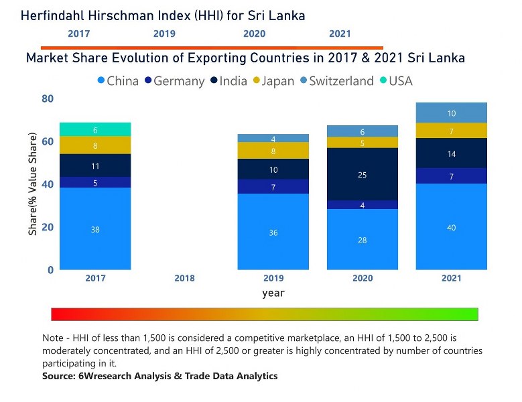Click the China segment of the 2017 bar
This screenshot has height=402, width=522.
[95, 228]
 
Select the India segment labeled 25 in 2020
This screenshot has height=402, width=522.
[363, 174]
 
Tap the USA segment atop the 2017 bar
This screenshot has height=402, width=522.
[95, 129]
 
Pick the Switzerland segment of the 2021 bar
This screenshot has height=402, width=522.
[451, 113]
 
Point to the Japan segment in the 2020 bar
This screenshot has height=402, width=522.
[363, 142]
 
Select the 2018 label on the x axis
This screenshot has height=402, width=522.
[184, 278]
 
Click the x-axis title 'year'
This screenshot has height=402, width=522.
[273, 293]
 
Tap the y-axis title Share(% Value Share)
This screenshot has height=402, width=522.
[32, 184]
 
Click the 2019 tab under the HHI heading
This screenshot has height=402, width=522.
[164, 33]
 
